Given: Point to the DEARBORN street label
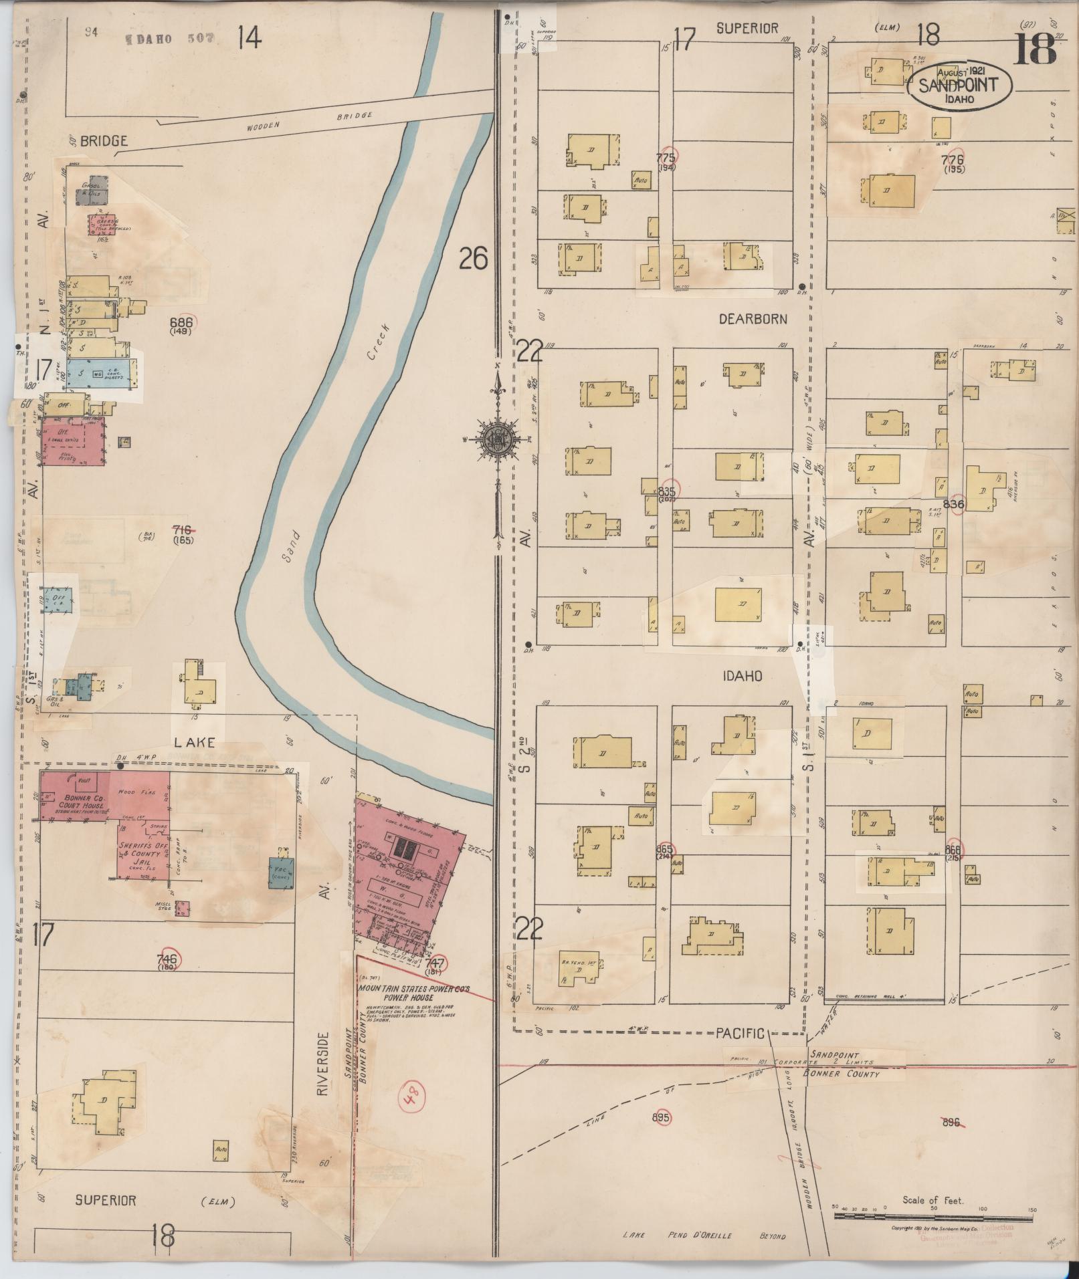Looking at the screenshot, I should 753,320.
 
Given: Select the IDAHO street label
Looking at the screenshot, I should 743,676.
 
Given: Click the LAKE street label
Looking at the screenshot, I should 195,742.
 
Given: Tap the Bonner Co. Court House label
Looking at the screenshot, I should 83,803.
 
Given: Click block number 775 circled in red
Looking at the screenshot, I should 666,158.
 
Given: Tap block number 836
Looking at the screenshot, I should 953,504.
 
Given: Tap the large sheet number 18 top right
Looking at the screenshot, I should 1034,49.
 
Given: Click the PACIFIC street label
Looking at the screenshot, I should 739,1033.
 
